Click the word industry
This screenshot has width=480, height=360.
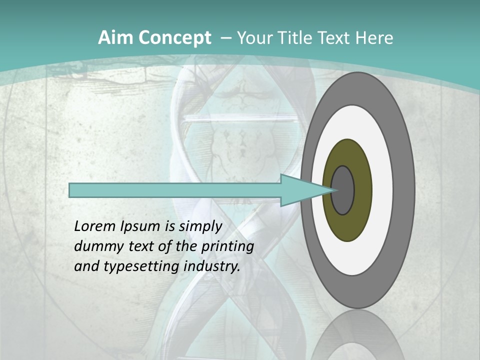[x=212, y=267]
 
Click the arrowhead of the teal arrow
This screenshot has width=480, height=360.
[x=305, y=190]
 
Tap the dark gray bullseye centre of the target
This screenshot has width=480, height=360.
[x=343, y=190]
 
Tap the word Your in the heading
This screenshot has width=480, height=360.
[x=254, y=38]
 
